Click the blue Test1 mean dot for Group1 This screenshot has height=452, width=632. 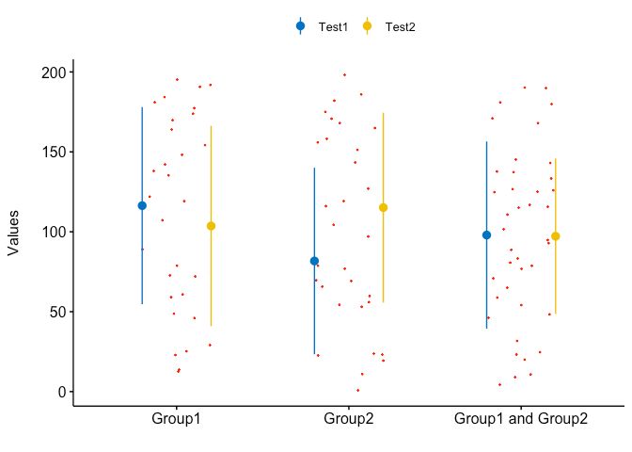point(142,205)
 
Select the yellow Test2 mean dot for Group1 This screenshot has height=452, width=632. point(211,226)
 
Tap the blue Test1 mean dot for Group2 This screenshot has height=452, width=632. point(314,261)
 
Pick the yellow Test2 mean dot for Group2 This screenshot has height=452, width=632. point(383,207)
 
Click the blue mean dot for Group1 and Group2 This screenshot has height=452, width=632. point(486,234)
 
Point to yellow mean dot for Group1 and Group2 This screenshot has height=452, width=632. point(556,236)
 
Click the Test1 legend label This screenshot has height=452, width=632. point(333,27)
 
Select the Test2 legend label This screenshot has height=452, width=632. point(400,27)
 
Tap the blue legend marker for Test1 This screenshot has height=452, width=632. point(301,26)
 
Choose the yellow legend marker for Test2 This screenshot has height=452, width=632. point(368,26)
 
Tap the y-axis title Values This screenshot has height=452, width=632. point(13,232)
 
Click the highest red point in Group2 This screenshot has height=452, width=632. point(344,74)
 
